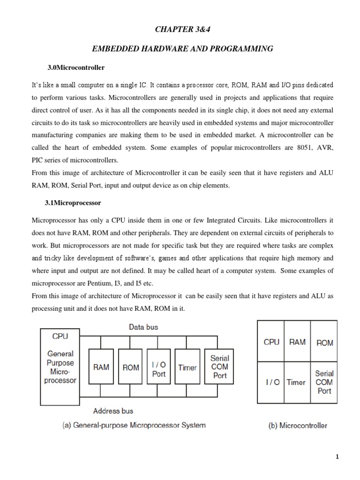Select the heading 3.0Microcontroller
73,67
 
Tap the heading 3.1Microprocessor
72,204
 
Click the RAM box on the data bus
101,367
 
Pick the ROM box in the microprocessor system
131,367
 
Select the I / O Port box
159,367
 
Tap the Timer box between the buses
187,367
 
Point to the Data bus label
143,327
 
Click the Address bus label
113,411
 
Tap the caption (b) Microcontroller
297,426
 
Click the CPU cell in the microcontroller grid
271,342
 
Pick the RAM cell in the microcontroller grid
297,342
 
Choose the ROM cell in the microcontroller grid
324,342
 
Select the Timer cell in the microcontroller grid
296,382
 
